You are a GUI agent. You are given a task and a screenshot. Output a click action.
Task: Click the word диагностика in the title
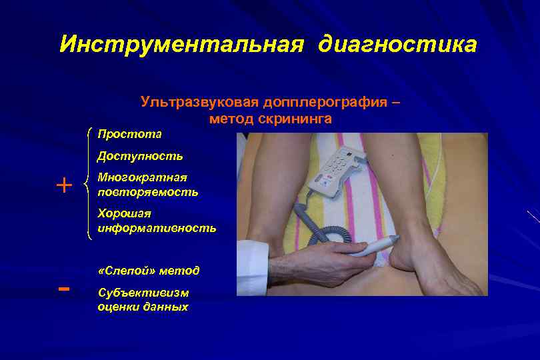[x=398, y=45]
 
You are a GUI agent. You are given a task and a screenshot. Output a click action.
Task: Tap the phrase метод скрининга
[x=270, y=119]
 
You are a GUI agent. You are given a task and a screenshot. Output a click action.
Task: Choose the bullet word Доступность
[x=140, y=157]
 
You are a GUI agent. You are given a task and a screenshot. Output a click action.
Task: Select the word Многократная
[x=142, y=178]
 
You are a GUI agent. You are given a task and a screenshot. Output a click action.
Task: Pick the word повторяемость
[x=147, y=191]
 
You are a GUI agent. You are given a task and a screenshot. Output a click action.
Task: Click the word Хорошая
[x=124, y=214]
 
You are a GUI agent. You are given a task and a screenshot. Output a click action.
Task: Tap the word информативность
[x=157, y=228]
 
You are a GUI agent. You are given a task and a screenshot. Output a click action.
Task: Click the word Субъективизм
[x=143, y=293]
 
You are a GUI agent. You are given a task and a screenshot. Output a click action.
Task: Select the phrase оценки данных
[x=143, y=307]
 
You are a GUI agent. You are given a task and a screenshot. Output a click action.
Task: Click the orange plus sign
[x=64, y=185]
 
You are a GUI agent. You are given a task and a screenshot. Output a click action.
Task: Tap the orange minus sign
[x=64, y=289]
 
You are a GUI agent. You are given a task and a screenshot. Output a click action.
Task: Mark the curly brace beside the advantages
[x=89, y=183]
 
